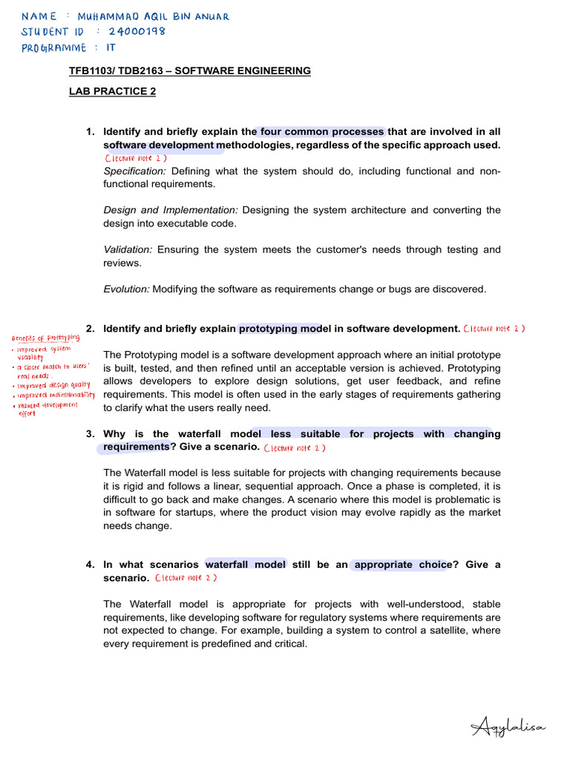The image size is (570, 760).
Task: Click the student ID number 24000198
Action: click(x=137, y=32)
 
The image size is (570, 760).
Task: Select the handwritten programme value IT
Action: click(x=111, y=47)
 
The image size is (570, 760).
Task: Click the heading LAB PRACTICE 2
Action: click(x=112, y=91)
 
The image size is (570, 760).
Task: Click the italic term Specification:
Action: click(x=134, y=171)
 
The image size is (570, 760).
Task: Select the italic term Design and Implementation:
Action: click(x=171, y=211)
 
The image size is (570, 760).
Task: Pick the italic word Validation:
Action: click(x=128, y=250)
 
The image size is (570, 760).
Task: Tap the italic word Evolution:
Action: click(x=126, y=289)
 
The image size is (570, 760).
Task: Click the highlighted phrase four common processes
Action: click(x=322, y=132)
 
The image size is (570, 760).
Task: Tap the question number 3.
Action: click(x=90, y=434)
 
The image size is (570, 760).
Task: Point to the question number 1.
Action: click(x=90, y=132)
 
